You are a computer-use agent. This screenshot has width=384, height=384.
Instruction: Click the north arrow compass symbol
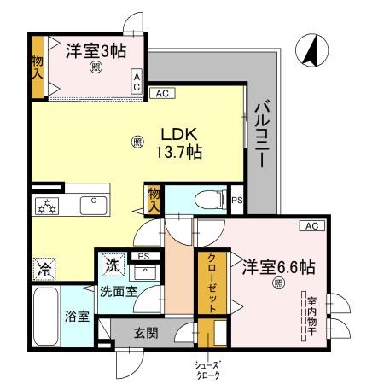308,51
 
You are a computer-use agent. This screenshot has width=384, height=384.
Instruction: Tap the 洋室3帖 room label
96,50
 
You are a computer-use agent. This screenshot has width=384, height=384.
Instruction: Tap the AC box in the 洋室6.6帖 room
310,225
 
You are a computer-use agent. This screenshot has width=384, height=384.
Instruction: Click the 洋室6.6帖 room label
276,267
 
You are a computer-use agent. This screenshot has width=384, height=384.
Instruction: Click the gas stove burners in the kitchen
45,206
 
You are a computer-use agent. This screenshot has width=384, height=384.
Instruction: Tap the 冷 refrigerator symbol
44,269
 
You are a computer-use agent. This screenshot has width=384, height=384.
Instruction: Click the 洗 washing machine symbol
113,265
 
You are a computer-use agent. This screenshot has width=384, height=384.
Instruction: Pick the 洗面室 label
116,291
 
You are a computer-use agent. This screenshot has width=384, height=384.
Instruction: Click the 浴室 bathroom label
77,317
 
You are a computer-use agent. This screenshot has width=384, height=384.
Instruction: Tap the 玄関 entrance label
146,333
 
